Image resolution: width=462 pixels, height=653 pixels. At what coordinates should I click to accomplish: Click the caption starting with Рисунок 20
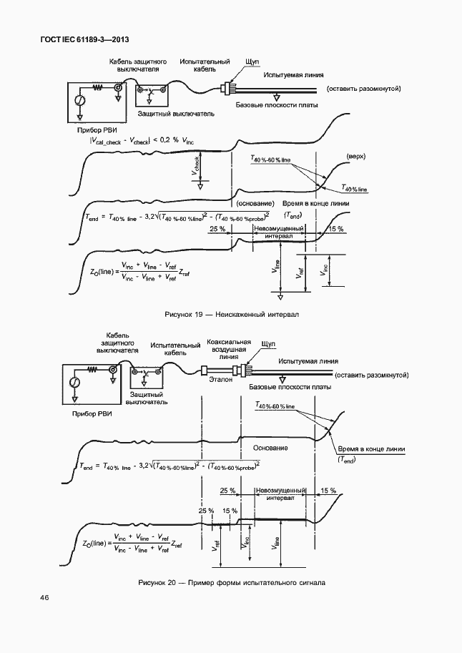point(232,583)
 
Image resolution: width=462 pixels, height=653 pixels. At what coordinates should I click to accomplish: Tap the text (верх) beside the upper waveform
point(356,156)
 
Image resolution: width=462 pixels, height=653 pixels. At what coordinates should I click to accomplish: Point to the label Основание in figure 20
point(270,448)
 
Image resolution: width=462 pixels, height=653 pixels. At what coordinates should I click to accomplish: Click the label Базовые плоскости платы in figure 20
point(290,387)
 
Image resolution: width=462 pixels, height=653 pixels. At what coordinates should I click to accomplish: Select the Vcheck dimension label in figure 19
point(195,167)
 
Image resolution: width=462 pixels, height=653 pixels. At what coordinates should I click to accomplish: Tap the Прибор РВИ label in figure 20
point(92,413)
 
